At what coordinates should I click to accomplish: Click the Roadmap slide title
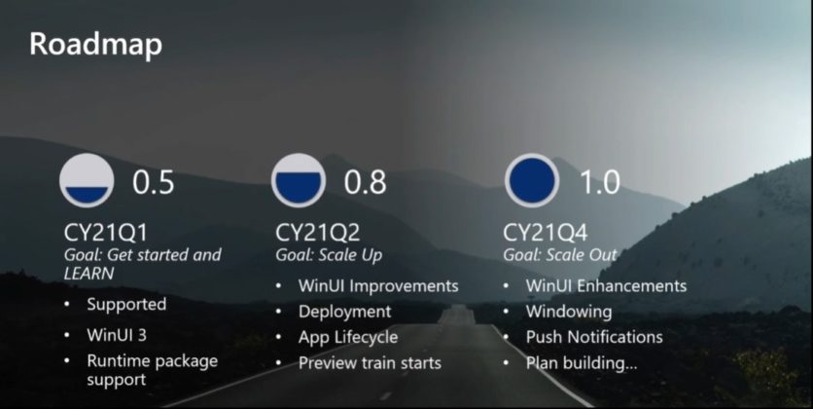click(95, 45)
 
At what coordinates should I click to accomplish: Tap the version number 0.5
click(154, 182)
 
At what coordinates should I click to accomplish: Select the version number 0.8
click(366, 182)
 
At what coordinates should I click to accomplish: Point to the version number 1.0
click(600, 182)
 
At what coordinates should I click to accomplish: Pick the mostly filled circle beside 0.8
click(300, 181)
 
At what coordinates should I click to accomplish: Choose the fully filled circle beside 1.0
click(531, 181)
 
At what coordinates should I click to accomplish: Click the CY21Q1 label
click(106, 234)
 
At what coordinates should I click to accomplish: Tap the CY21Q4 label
click(548, 234)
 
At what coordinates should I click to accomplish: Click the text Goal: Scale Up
click(329, 255)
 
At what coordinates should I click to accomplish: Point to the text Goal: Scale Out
click(560, 255)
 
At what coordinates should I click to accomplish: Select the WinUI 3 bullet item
click(122, 335)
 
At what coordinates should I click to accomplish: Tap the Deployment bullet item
click(344, 312)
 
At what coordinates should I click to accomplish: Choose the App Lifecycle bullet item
click(348, 337)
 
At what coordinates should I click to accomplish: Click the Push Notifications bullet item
click(594, 337)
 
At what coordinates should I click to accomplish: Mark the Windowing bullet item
click(569, 312)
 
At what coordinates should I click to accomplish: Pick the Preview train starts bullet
click(370, 363)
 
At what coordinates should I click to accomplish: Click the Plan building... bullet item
click(582, 363)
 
